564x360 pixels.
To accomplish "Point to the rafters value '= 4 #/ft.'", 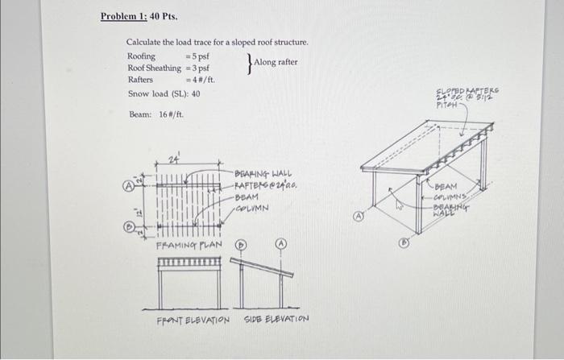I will click(x=201, y=81).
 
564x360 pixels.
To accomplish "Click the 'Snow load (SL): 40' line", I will click(x=164, y=94).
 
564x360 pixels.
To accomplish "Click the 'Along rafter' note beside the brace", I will click(x=276, y=62).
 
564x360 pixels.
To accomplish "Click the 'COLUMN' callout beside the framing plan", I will click(x=253, y=206).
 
